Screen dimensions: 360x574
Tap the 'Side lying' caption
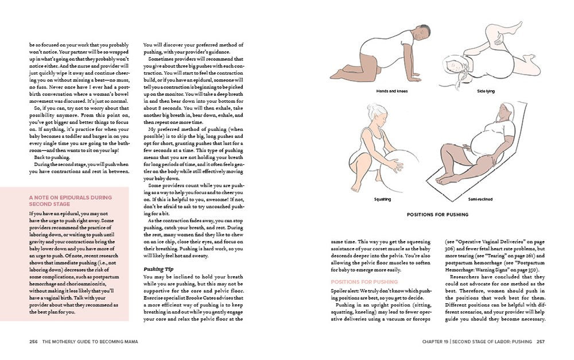tap(486, 91)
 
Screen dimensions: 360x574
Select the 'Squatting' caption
tap(382, 199)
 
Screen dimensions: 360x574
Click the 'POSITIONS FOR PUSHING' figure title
tap(437, 215)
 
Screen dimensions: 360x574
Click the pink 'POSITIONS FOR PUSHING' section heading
tap(364, 282)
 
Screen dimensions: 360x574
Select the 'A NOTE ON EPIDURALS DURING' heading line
tap(70, 198)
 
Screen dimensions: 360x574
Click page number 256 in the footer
tap(33, 342)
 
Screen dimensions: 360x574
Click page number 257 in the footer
tap(540, 342)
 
